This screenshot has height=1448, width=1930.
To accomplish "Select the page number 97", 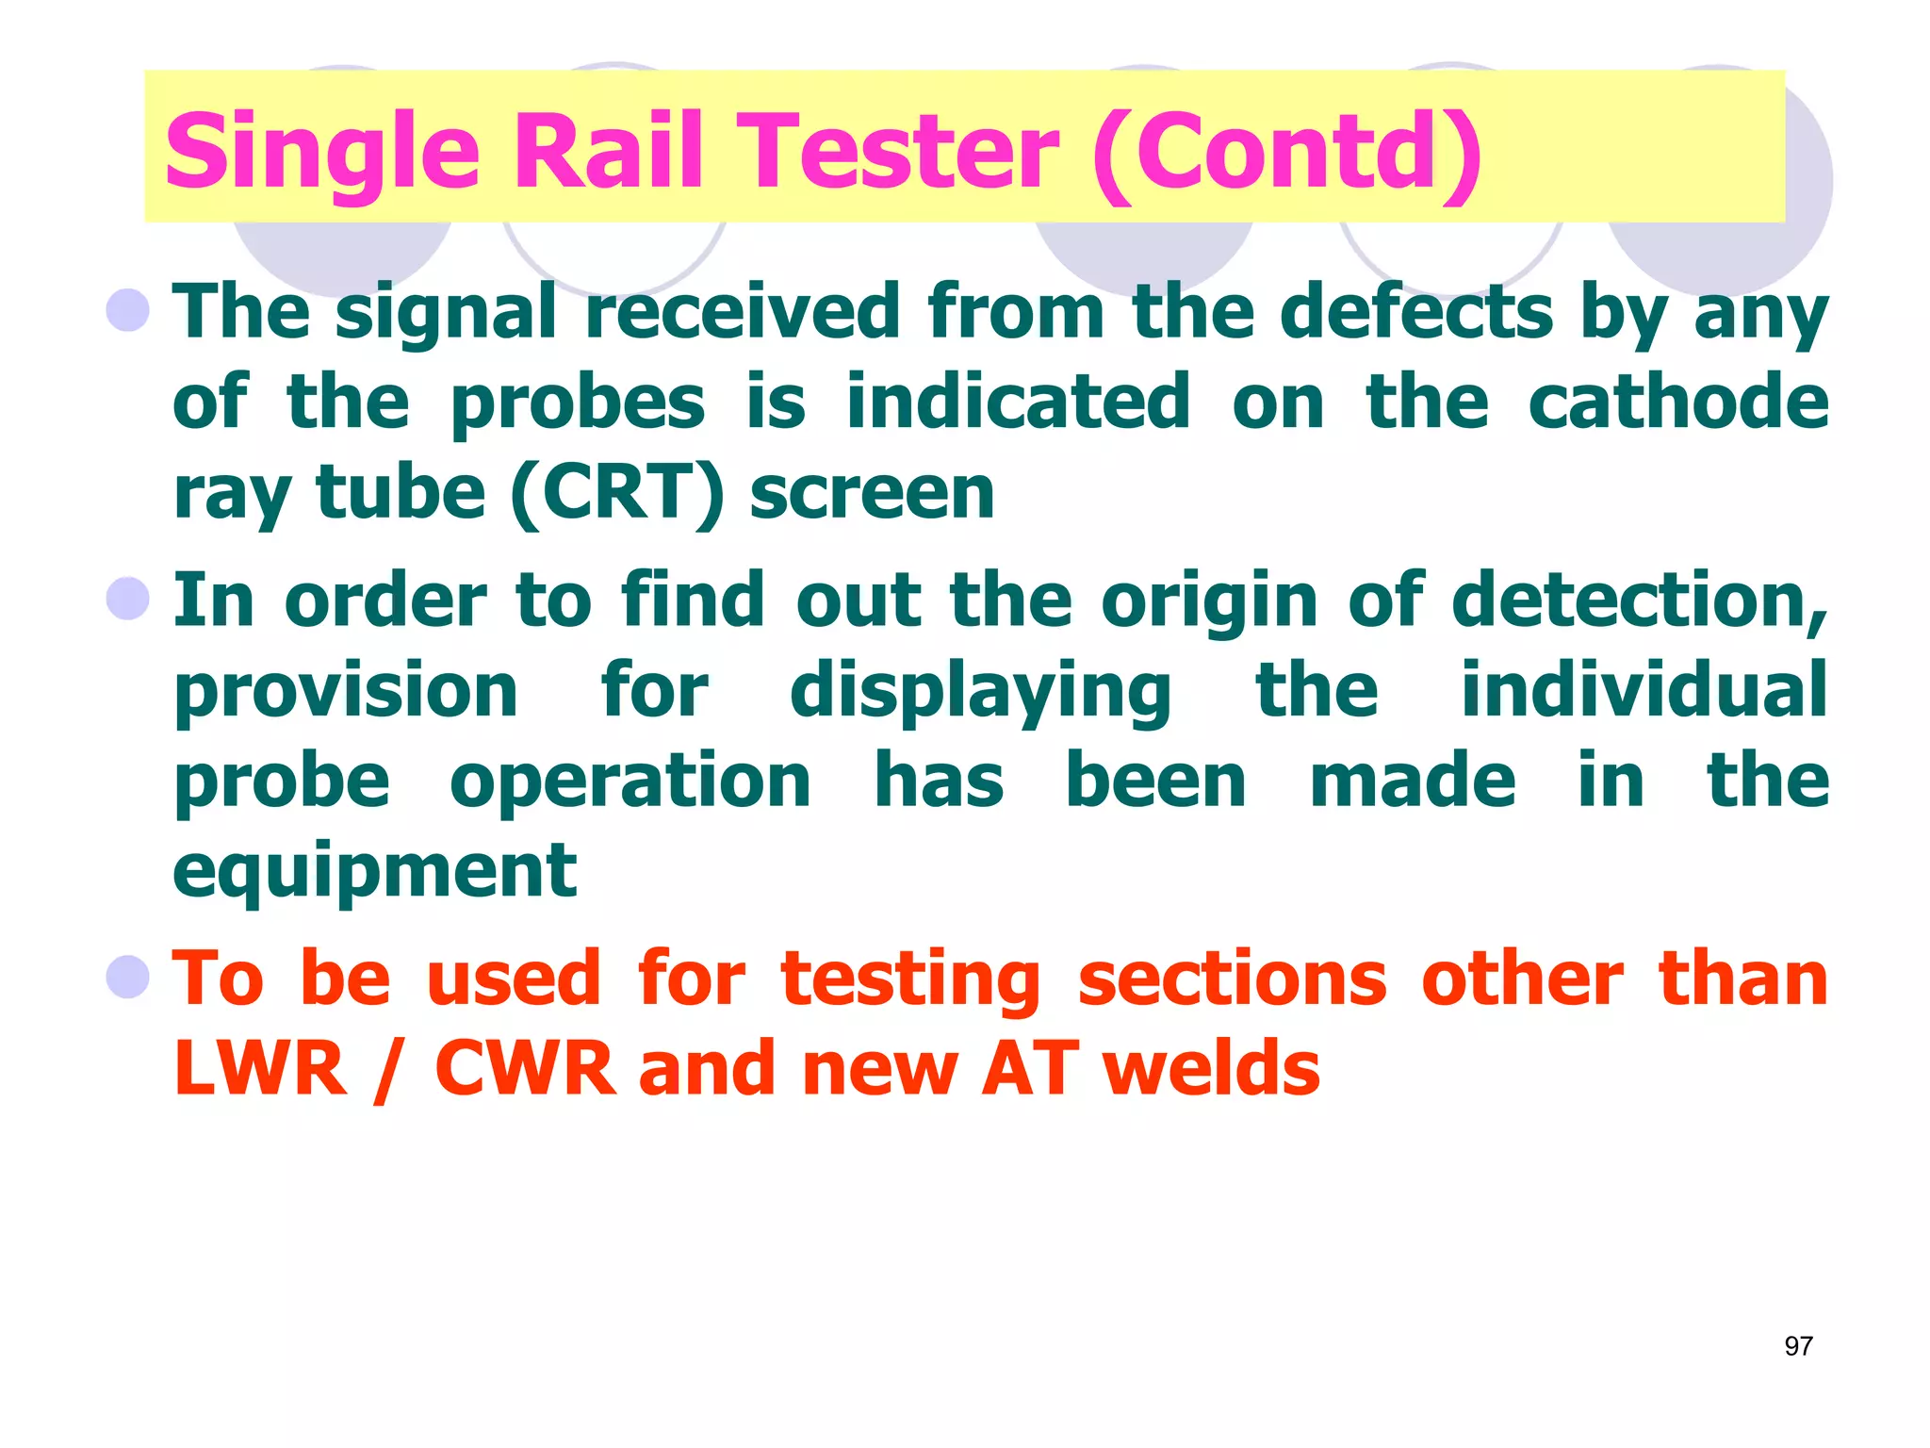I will [x=1798, y=1346].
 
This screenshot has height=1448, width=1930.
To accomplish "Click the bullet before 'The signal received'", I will [x=128, y=309].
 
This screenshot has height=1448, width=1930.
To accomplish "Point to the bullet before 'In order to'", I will [x=128, y=598].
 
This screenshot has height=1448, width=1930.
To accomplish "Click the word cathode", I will [x=1677, y=402].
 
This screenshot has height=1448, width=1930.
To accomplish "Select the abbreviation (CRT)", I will [x=617, y=494].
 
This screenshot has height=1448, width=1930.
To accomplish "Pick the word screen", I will [x=872, y=494].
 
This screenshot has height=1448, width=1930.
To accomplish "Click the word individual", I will [x=1644, y=689].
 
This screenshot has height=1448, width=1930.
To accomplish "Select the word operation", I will [x=630, y=782].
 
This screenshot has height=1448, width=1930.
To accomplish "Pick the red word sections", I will [x=1232, y=978].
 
